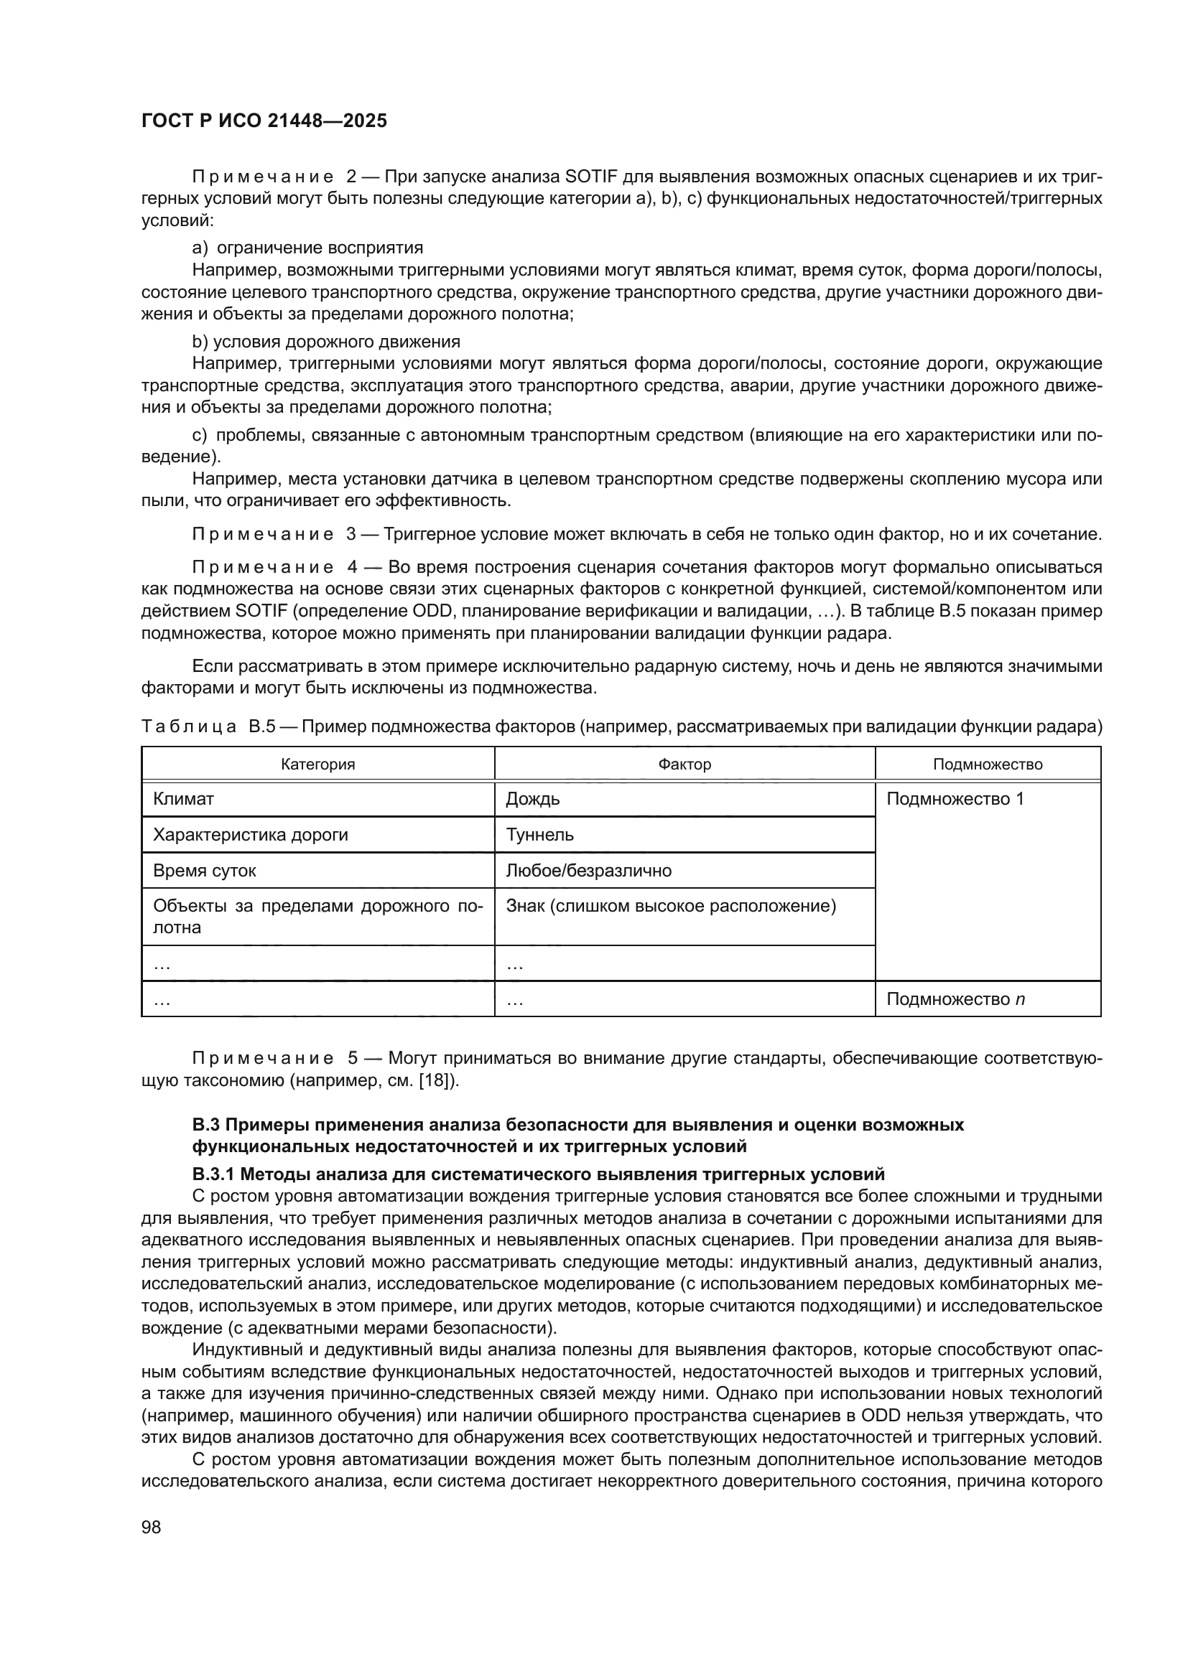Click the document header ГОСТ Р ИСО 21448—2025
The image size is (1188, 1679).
click(x=264, y=121)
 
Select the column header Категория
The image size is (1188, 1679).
click(x=317, y=764)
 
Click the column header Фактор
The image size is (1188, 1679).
click(x=684, y=764)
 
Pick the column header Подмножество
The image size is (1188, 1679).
click(x=988, y=764)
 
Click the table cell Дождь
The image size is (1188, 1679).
click(x=532, y=798)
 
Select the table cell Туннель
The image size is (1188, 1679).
click(x=540, y=834)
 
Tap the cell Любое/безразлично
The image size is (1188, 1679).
click(x=588, y=870)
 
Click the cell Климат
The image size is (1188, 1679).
click(x=183, y=798)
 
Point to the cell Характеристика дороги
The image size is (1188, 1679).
click(x=250, y=834)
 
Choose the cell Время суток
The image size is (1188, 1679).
click(x=204, y=870)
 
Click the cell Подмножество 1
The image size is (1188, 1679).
click(x=955, y=798)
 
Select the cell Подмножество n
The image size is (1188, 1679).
click(x=955, y=999)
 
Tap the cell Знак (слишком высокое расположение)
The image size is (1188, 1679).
click(x=670, y=906)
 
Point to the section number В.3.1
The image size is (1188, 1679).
click(x=213, y=1174)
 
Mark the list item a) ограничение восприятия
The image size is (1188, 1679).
click(x=307, y=247)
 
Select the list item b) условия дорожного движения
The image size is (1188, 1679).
click(x=325, y=342)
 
